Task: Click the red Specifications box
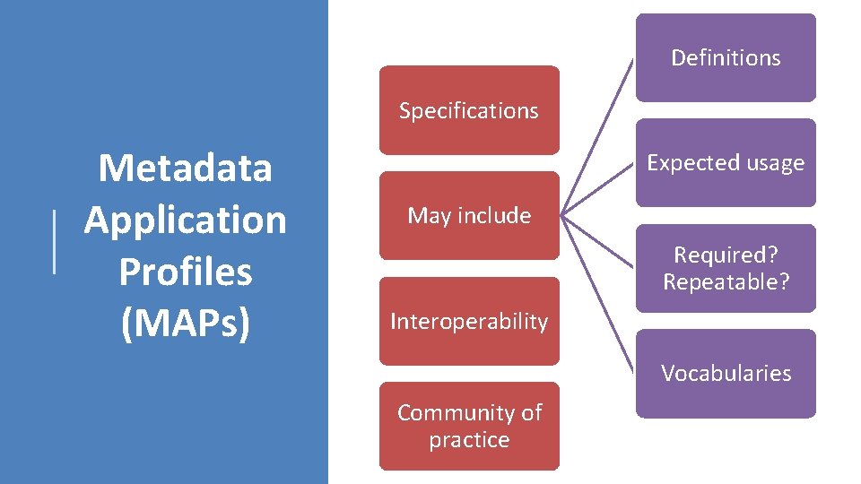click(x=468, y=110)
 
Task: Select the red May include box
click(x=468, y=216)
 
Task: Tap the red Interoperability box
click(x=468, y=321)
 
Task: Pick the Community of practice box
click(x=468, y=426)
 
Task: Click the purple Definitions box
click(x=726, y=57)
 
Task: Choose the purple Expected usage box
click(x=726, y=163)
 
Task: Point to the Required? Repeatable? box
click(x=726, y=268)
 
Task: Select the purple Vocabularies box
click(x=726, y=373)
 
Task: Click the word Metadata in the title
click(x=185, y=168)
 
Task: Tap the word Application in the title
click(x=185, y=220)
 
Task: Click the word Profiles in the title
click(x=185, y=272)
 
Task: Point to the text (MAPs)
click(x=185, y=324)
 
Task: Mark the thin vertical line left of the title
click(x=56, y=242)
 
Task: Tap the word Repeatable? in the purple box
click(x=726, y=281)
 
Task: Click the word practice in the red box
click(x=468, y=440)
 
